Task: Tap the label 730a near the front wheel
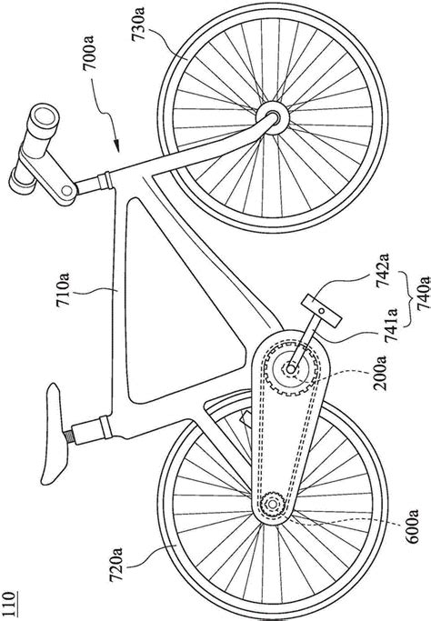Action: point(138,24)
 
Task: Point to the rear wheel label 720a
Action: point(116,565)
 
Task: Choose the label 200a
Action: point(379,373)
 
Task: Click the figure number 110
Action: point(8,605)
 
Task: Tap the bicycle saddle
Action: point(55,434)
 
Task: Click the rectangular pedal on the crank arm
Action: point(321,311)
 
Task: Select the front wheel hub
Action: point(273,117)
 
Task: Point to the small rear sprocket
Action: point(273,504)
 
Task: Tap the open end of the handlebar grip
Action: point(43,116)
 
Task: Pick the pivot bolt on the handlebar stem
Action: point(67,191)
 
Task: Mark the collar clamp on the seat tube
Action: point(105,427)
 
